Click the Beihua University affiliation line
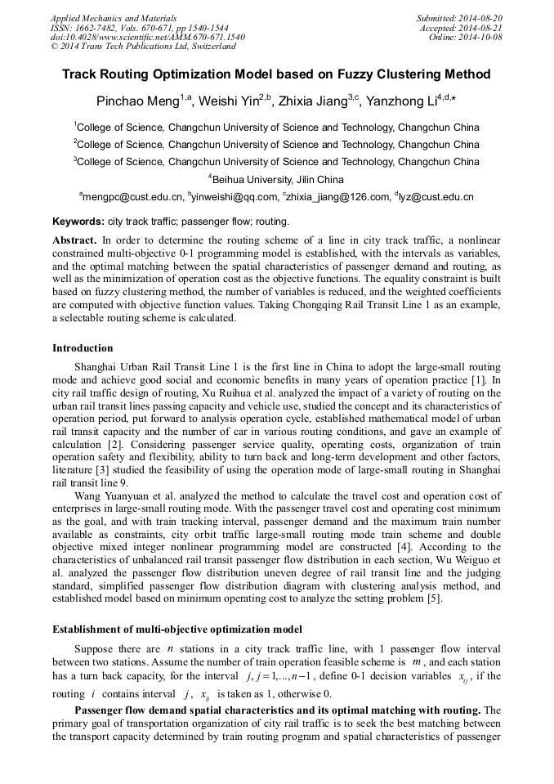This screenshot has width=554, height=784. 278,179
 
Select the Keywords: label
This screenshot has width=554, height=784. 78,222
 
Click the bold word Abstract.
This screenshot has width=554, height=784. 75,241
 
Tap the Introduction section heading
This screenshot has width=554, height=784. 83,348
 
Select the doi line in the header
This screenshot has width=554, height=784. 147,38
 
